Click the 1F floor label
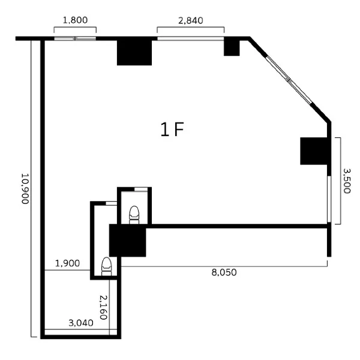point(172,130)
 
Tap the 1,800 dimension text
point(75,20)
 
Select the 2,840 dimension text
point(191,20)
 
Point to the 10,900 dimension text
point(25,188)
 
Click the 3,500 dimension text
point(347,181)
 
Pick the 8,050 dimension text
point(224,272)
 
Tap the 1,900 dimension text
point(67,263)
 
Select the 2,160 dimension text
point(103,307)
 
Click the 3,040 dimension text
point(81,323)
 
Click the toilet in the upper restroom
point(134,215)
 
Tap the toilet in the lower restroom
point(107,266)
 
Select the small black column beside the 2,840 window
point(232,48)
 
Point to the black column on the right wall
point(314,151)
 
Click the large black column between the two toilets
point(127,241)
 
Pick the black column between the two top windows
point(134,53)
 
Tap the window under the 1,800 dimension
point(75,38)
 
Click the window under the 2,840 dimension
point(191,38)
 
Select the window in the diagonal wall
point(290,80)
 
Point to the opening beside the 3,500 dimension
point(329,199)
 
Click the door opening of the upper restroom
point(141,189)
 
